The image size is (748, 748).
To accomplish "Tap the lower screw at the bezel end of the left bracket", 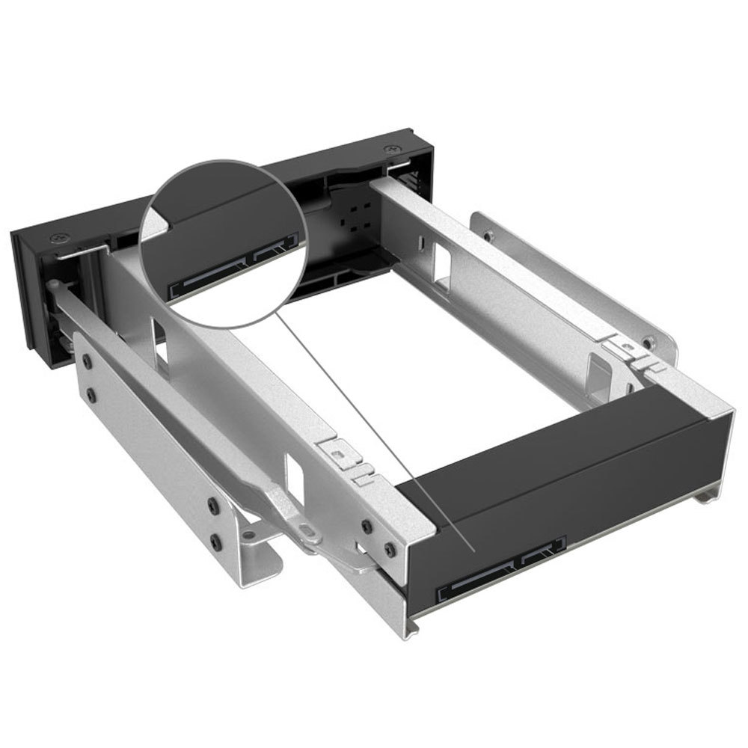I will tap(91, 392).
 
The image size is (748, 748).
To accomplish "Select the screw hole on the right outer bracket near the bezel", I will tap(488, 236).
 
